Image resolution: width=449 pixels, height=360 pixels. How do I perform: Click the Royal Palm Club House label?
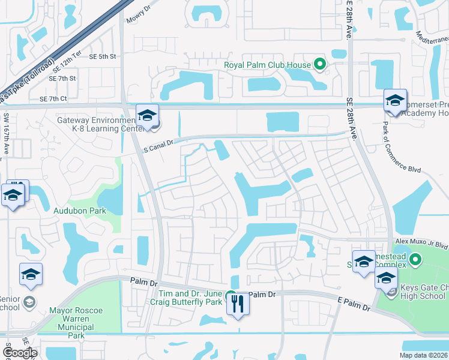267,65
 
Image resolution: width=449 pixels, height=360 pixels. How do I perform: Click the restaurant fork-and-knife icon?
238,304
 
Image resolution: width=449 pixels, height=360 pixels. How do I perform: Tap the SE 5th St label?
102,56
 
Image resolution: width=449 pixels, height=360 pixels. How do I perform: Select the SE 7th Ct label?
53,99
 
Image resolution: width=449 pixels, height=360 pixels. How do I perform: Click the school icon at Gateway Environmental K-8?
147,115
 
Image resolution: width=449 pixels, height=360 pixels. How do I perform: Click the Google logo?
20,352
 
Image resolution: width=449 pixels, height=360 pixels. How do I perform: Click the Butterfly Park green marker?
230,295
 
